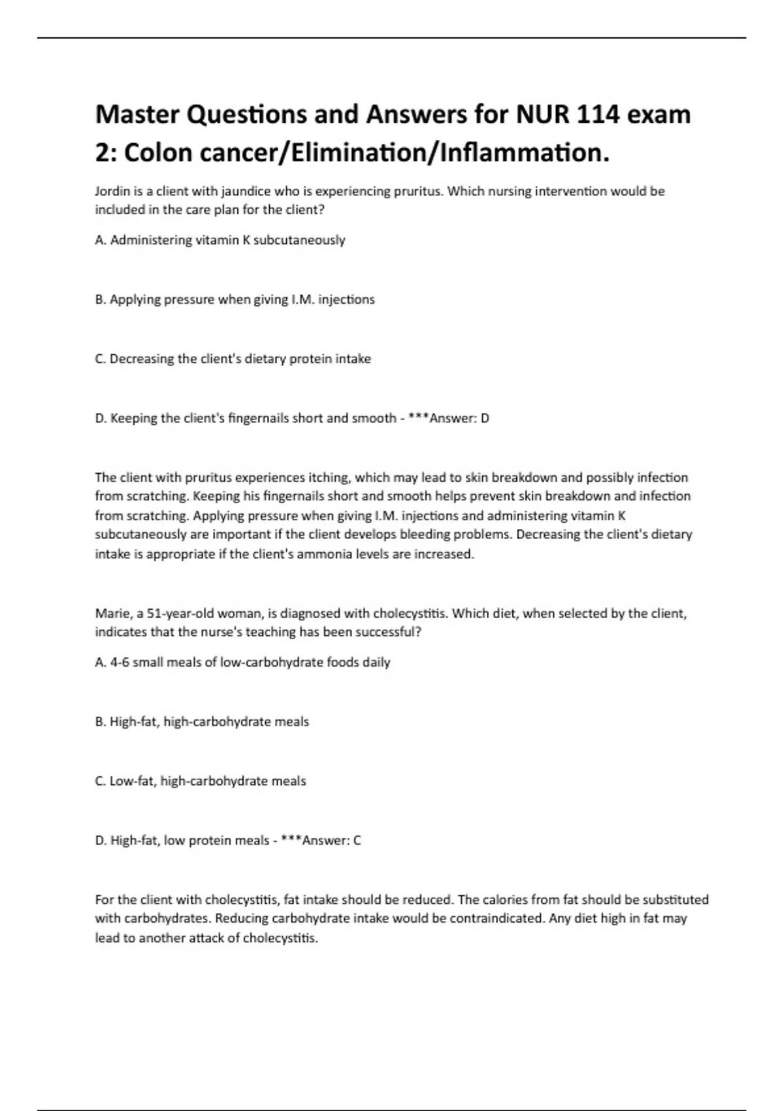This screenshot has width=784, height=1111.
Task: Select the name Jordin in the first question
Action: [x=112, y=191]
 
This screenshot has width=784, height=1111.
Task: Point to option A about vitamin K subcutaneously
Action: [x=220, y=240]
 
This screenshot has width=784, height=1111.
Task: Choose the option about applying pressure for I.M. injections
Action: [x=235, y=299]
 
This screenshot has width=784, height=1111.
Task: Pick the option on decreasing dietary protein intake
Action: [x=233, y=359]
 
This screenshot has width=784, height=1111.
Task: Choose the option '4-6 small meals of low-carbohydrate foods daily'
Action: [x=243, y=662]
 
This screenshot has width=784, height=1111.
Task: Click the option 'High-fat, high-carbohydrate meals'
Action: [x=203, y=721]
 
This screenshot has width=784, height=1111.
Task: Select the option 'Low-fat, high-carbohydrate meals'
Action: [x=201, y=781]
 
